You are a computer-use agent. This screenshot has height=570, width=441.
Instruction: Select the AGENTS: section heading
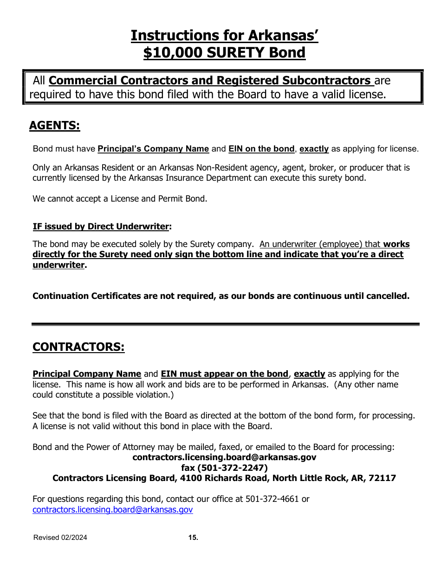[x=54, y=126]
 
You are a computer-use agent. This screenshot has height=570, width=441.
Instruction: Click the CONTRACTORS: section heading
[x=78, y=347]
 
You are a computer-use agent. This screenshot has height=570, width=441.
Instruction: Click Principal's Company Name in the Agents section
[x=153, y=149]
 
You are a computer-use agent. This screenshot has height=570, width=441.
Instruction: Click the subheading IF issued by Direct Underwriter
[x=101, y=227]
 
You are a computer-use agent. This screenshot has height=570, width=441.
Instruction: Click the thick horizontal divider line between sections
[x=225, y=324]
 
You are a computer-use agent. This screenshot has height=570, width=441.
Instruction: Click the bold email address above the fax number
[x=224, y=457]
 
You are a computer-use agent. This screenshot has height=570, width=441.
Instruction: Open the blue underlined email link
[x=112, y=510]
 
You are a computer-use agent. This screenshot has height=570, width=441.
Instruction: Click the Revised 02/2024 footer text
[x=60, y=538]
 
